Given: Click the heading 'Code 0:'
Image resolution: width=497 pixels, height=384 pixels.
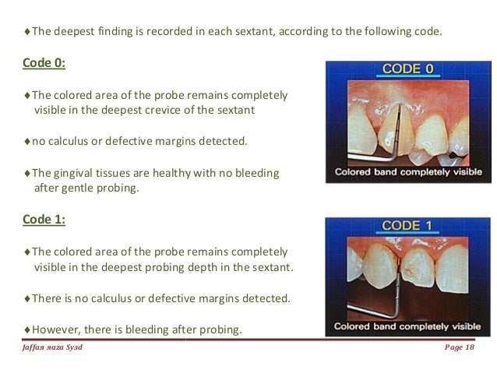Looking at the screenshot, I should coord(43,63).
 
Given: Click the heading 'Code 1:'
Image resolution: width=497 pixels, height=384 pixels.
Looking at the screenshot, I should coord(43,220).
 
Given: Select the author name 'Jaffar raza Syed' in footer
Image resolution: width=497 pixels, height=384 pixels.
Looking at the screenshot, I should coord(53,347).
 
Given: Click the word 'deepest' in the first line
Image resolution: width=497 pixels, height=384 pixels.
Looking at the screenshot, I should coord(73,32).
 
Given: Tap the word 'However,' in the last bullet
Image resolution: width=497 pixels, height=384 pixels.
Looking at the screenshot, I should coord(56,329).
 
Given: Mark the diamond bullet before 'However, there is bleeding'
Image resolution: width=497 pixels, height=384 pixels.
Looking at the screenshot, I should coord(27,329).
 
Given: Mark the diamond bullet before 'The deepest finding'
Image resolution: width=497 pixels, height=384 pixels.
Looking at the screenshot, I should coord(27,32).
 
